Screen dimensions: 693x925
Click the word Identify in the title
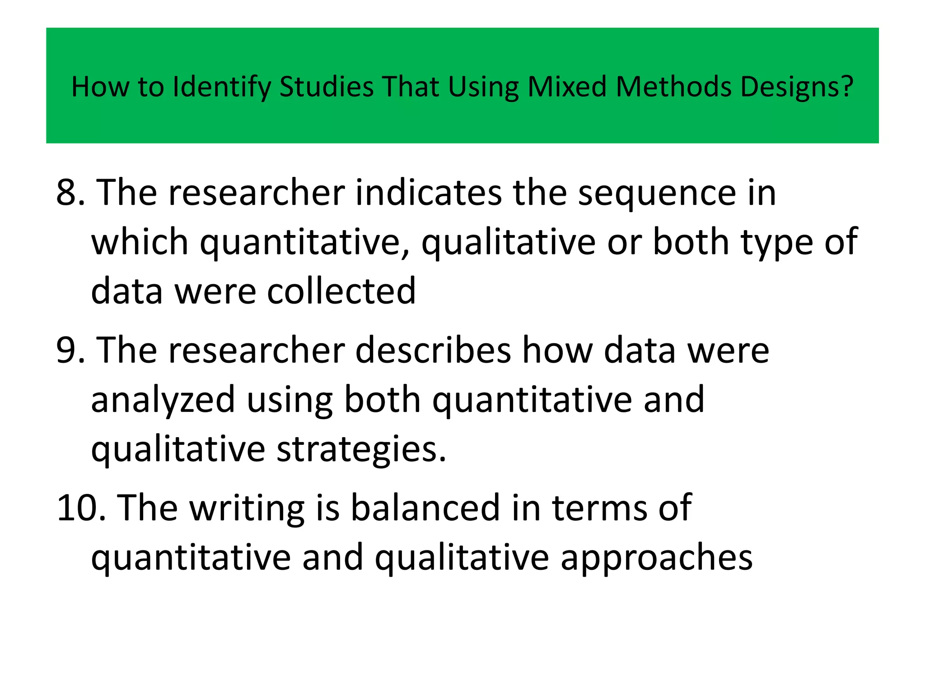coord(222,87)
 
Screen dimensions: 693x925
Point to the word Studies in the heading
coord(327,87)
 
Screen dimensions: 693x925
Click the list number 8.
coord(70,193)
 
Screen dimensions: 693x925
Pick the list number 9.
coord(70,351)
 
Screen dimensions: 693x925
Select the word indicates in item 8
coord(429,193)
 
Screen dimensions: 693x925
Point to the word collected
coord(341,291)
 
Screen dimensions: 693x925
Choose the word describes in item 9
coord(433,351)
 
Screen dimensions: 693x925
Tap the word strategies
coord(361,450)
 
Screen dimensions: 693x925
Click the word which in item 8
coord(140,242)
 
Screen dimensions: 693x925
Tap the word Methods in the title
coord(673,87)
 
